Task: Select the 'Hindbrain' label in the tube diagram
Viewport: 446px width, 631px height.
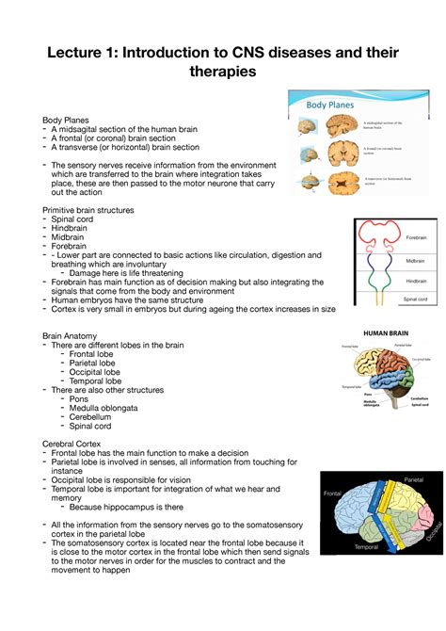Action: click(416, 281)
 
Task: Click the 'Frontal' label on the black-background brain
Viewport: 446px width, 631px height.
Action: click(332, 493)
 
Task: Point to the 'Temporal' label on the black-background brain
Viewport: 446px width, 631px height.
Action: click(365, 546)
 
